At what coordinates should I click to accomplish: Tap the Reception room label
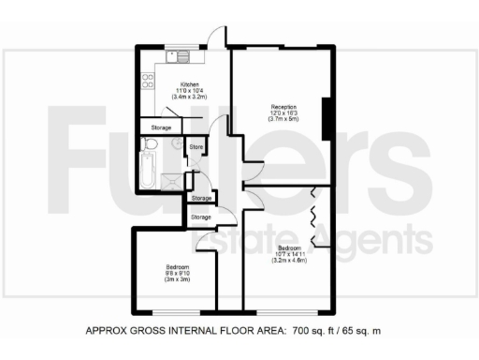pos(284,107)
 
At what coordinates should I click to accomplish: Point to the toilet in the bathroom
pos(149,145)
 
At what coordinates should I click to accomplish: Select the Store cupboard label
pos(196,148)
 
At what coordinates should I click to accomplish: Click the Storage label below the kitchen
pos(161,127)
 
